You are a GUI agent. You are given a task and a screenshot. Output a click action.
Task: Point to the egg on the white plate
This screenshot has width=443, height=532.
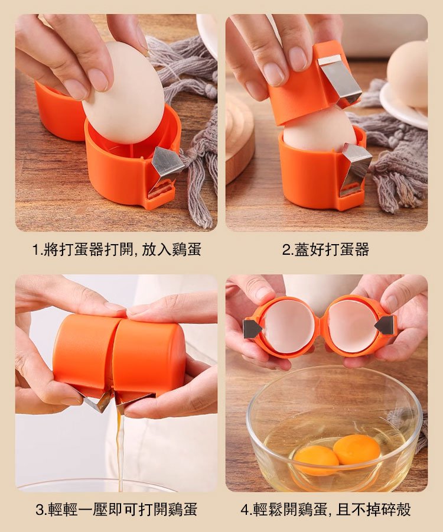pos(408,74)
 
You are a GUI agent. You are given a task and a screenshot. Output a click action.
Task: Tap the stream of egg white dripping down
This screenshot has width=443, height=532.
pos(120,449)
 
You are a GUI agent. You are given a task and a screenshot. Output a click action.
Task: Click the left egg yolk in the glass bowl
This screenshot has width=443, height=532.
pos(317,459)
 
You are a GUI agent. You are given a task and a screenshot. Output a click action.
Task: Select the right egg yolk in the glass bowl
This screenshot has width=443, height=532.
pos(357,449)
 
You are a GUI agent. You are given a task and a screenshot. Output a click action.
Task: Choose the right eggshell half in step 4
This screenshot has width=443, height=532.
pos(353,326)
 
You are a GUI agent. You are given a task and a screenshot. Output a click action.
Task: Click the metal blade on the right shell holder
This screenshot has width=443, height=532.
pos(385,325)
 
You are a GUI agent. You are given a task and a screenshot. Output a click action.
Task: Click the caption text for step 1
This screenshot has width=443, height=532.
pos(116,249)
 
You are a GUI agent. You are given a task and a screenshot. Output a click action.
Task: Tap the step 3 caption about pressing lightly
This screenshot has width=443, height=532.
pos(116,509)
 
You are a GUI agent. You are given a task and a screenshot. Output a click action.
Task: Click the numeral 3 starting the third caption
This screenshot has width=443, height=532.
pos(40,510)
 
